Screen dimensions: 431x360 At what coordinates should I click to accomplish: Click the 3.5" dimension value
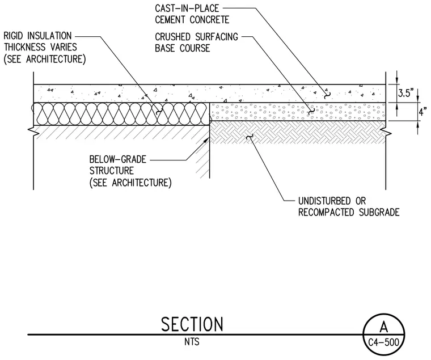pyautogui.click(x=406, y=93)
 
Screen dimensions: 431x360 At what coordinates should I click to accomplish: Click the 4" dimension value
pyautogui.click(x=423, y=112)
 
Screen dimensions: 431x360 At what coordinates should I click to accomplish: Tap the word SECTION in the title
pyautogui.click(x=192, y=324)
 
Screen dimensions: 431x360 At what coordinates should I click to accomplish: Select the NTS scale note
pyautogui.click(x=192, y=342)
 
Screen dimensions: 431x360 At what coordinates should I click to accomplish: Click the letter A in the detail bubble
pyautogui.click(x=384, y=327)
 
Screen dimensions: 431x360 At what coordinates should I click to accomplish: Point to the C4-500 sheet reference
pyautogui.click(x=383, y=342)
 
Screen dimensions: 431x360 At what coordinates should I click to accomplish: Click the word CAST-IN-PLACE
pyautogui.click(x=187, y=9)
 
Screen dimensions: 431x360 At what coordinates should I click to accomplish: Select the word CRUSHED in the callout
pyautogui.click(x=172, y=36)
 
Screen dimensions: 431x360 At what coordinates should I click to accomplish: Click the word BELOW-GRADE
pyautogui.click(x=117, y=159)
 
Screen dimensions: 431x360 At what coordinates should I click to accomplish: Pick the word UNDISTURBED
pyautogui.click(x=324, y=201)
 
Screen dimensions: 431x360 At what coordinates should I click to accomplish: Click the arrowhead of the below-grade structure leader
pyautogui.click(x=206, y=139)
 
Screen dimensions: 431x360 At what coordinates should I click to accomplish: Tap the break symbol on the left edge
pyautogui.click(x=32, y=132)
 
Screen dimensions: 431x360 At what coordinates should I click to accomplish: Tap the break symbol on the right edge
pyautogui.click(x=387, y=132)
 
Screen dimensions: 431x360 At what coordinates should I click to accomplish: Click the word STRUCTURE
pyautogui.click(x=111, y=171)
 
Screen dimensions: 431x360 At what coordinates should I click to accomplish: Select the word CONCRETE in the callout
pyautogui.click(x=209, y=20)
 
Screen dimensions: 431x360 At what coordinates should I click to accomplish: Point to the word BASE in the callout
pyautogui.click(x=164, y=48)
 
